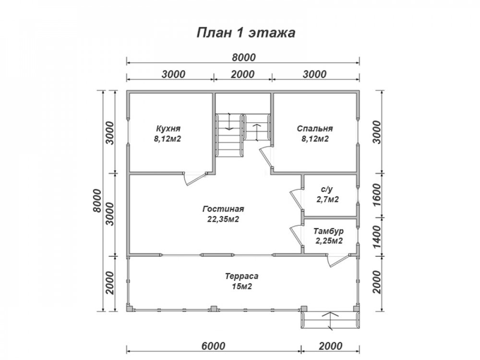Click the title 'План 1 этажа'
[x=245, y=33]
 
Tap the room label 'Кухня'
[x=168, y=128]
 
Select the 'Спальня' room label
[x=315, y=128]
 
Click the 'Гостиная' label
[x=223, y=209]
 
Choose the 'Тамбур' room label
[x=328, y=231]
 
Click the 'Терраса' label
[x=241, y=276]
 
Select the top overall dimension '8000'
[x=243, y=57]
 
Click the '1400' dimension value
[x=377, y=237]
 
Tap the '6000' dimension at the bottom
[x=214, y=346]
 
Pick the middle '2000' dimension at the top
[x=243, y=74]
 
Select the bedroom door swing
[x=265, y=157]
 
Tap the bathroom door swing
[x=296, y=200]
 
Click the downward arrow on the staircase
[x=228, y=122]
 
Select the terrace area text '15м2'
[x=242, y=287]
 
